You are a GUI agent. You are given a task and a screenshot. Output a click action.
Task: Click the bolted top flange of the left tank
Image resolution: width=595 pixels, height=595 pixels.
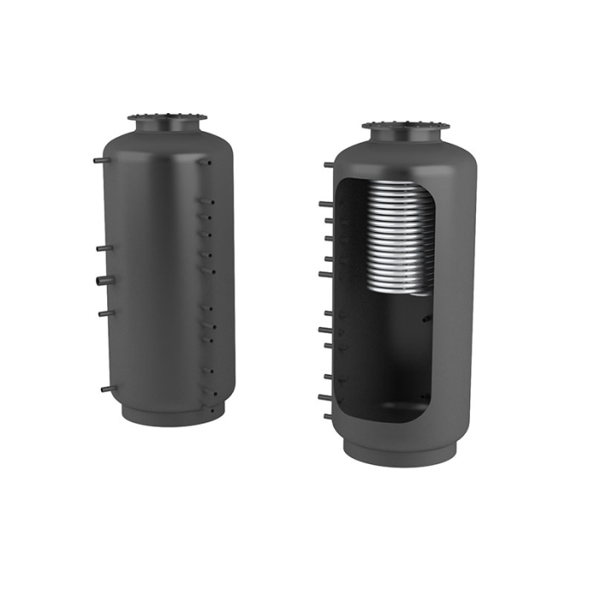click(167, 118)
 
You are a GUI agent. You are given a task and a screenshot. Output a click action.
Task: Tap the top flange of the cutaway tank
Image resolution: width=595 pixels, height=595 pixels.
click(405, 127)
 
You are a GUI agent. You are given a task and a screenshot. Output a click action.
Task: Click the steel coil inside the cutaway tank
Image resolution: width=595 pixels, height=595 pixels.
click(400, 238)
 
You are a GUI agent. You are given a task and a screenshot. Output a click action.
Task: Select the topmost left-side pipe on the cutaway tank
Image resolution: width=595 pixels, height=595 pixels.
click(328, 164)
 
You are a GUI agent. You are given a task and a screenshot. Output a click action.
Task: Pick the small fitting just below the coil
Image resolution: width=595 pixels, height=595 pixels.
click(427, 319)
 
